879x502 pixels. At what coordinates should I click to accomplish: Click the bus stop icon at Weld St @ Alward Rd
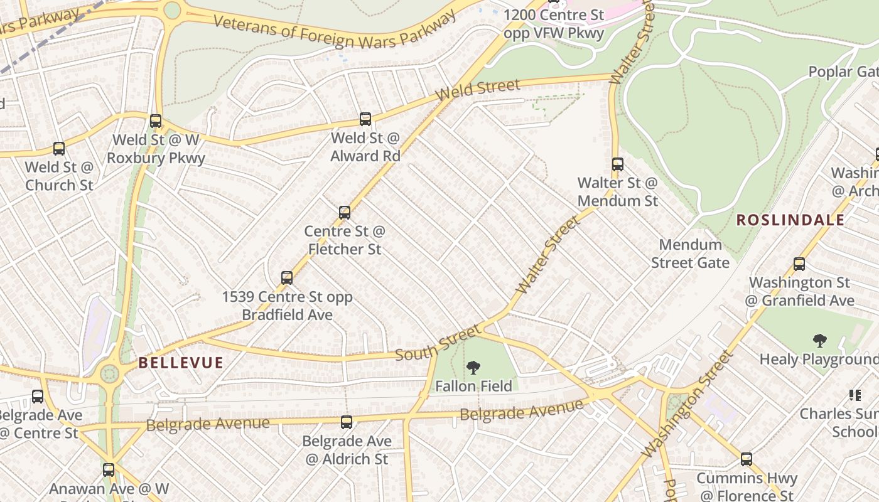tap(365, 119)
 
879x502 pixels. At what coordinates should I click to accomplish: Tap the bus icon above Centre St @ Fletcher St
tap(344, 212)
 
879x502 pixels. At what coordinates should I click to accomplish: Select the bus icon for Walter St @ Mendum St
tap(617, 164)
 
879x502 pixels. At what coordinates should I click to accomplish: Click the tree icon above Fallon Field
tap(473, 368)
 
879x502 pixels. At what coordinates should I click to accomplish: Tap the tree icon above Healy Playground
tap(819, 341)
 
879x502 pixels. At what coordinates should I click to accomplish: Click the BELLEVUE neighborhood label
tap(181, 363)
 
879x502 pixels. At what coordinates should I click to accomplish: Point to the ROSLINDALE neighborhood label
tap(790, 220)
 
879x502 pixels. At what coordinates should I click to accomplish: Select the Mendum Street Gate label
tap(689, 254)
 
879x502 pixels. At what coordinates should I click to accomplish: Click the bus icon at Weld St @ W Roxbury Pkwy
tap(155, 121)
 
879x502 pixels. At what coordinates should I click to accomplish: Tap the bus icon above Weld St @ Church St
tap(58, 149)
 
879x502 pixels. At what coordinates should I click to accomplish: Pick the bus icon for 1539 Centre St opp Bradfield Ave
tap(286, 277)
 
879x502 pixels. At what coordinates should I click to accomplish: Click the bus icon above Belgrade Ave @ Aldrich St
tap(346, 422)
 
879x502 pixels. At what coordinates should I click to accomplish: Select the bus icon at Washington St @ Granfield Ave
tap(799, 264)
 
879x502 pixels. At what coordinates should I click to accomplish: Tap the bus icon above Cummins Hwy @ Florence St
tap(746, 459)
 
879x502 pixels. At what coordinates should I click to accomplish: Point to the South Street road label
tap(438, 343)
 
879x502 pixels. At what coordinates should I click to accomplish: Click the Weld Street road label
tap(478, 90)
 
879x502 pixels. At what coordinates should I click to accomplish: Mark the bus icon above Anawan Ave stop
tap(109, 469)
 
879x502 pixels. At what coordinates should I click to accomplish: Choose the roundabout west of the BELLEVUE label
tap(109, 375)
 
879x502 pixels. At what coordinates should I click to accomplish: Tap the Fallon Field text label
tap(473, 386)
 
